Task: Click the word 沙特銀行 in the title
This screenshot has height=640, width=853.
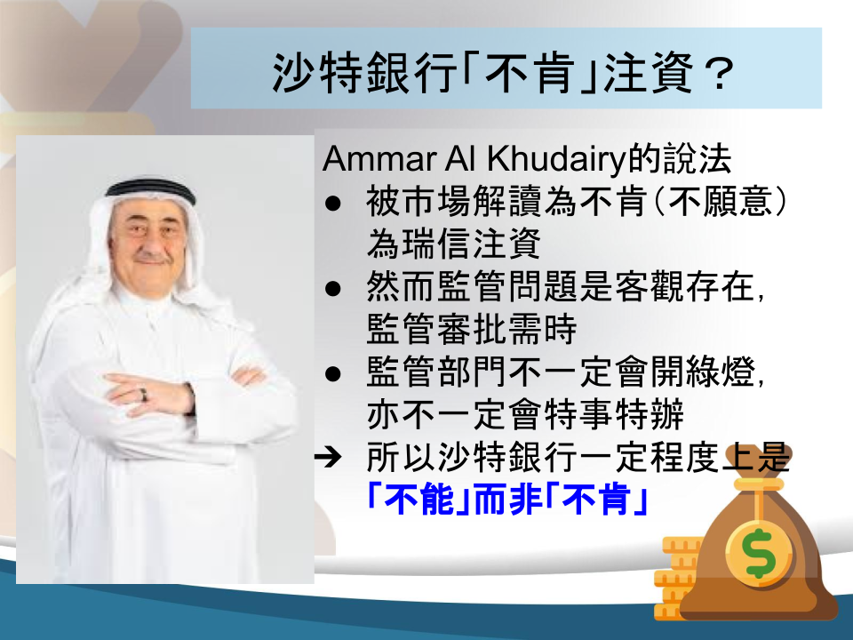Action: pos(363,73)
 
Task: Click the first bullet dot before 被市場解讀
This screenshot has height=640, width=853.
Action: pos(332,204)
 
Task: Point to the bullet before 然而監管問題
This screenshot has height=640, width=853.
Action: pos(332,288)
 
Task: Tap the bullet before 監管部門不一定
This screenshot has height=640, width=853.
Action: pos(332,374)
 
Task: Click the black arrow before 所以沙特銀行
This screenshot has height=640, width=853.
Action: pos(328,457)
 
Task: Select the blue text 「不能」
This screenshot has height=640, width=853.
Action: pos(419,500)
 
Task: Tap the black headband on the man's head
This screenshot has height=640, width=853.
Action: pos(151,188)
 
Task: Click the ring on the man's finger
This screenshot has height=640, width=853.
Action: pos(144,395)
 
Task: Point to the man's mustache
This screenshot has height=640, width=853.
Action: pos(151,256)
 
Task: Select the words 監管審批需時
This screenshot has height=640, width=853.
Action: pos(472,329)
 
